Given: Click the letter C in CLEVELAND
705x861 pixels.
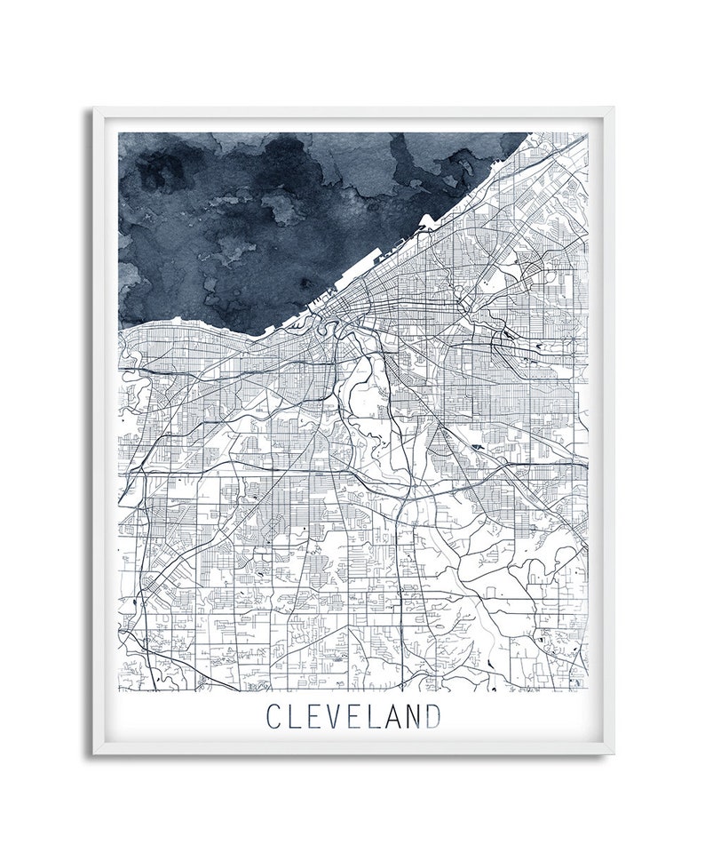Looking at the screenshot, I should (x=274, y=715).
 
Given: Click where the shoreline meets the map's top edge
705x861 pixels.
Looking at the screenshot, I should (x=530, y=133).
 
